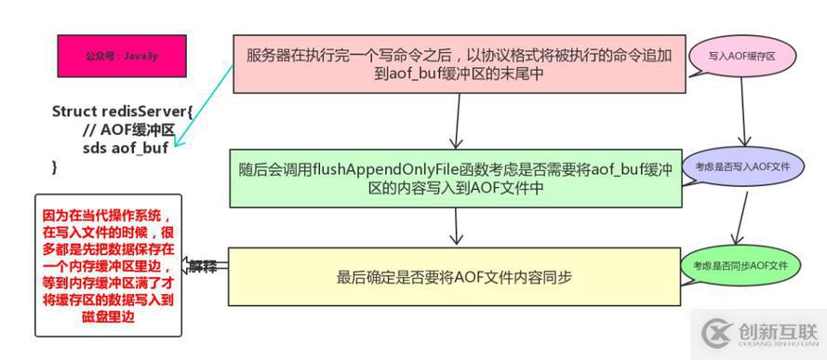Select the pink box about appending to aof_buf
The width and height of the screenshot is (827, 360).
[458, 64]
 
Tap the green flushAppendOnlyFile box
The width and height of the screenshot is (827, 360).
[458, 175]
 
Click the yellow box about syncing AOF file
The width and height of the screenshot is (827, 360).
[456, 277]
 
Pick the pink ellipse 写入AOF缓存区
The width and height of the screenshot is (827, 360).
[741, 57]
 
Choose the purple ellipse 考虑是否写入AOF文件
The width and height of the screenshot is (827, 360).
[741, 167]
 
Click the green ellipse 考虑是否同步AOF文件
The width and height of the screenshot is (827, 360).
[740, 265]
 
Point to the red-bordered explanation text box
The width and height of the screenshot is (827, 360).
[108, 264]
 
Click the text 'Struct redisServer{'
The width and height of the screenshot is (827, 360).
[122, 112]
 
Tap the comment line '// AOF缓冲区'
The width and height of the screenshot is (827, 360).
[128, 130]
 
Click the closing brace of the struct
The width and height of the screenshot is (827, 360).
[55, 167]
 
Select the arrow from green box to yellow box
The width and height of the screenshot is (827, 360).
[457, 227]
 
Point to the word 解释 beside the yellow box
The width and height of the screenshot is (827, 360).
[204, 266]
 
